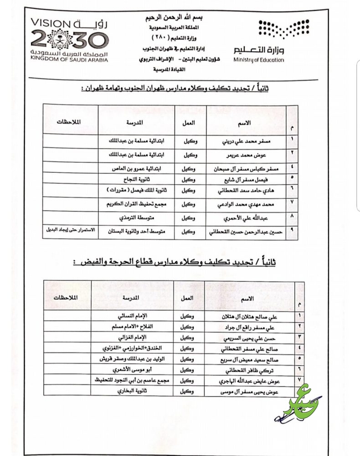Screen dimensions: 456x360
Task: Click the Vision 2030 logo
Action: point(69,41)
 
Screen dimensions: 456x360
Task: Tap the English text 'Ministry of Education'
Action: point(258,60)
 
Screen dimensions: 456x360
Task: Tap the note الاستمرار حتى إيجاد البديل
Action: point(70,230)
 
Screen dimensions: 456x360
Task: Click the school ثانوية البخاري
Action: point(136,391)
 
